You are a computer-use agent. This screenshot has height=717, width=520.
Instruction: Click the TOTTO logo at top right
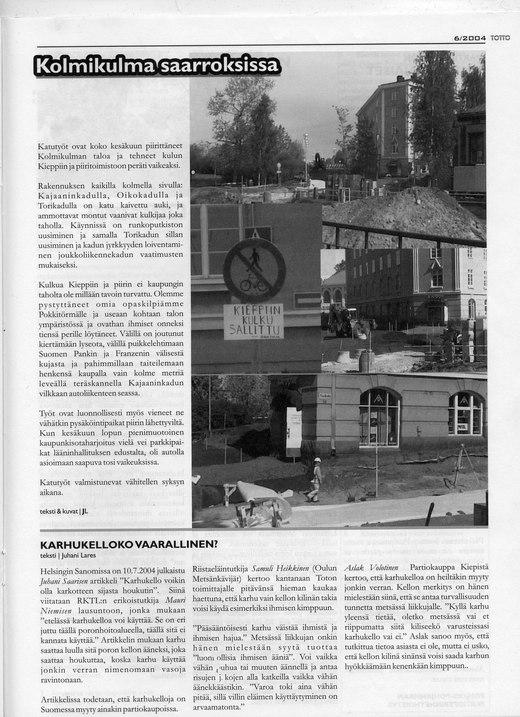pos(500,38)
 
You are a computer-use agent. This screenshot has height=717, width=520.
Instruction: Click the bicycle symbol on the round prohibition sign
pos(253,285)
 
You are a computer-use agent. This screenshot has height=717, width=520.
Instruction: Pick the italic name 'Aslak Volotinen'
pos(371,568)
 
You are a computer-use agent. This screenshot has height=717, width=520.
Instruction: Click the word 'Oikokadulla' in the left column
pos(142,196)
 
